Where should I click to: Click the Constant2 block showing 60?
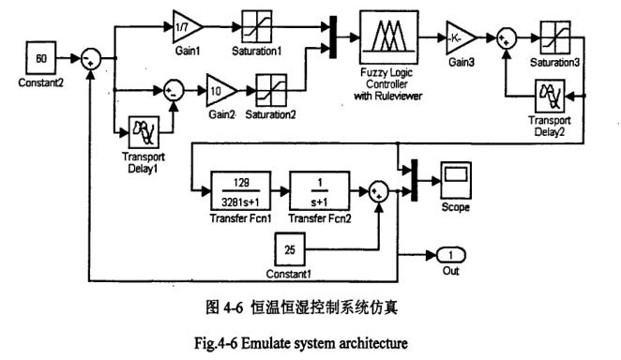42,58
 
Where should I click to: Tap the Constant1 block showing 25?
289,250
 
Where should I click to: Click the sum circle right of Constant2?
90,59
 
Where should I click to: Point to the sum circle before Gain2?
172,91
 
